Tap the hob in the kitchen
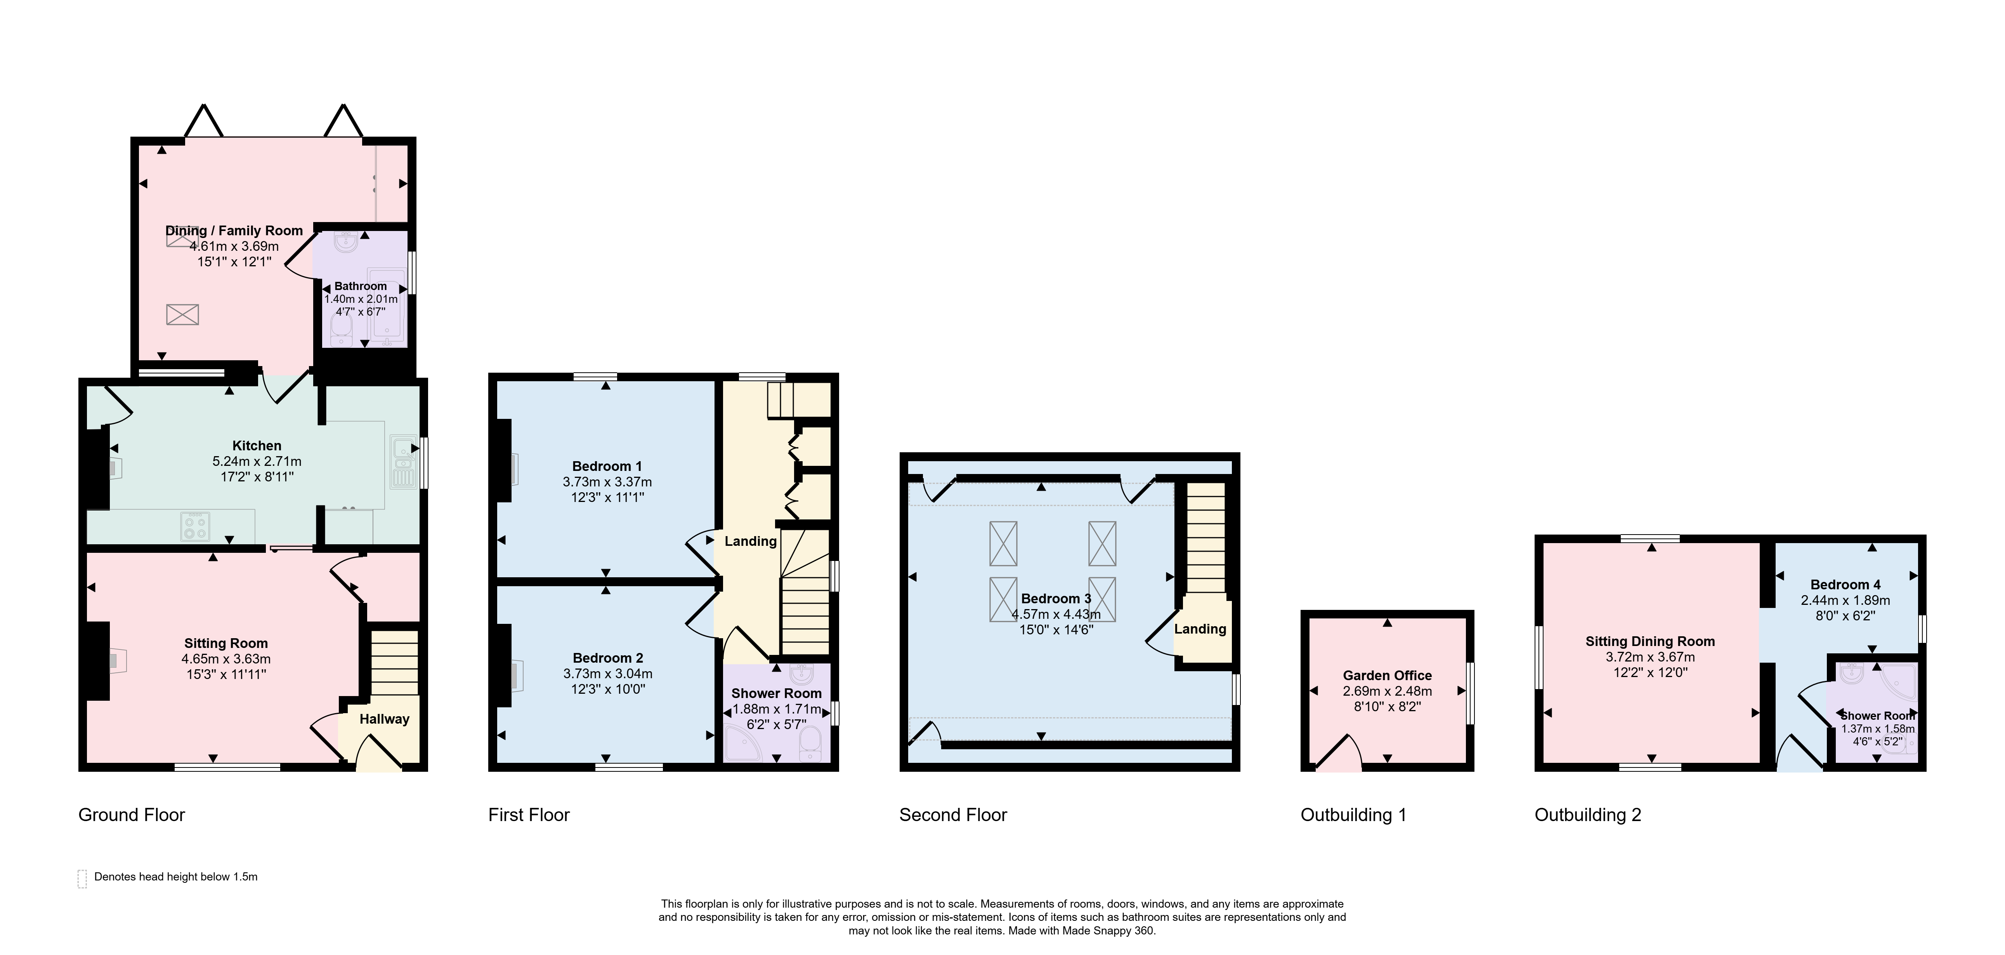click(x=194, y=526)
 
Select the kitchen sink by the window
click(x=403, y=461)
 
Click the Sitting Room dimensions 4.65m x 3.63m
click(x=226, y=658)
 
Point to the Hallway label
click(x=385, y=719)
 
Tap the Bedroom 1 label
click(x=607, y=466)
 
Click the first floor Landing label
click(x=750, y=541)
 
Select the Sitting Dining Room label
click(x=1650, y=641)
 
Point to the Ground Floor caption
click(x=132, y=815)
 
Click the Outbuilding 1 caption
click(x=1353, y=815)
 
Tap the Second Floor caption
click(x=953, y=815)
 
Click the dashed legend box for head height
click(x=82, y=879)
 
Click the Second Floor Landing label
click(x=1200, y=629)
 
